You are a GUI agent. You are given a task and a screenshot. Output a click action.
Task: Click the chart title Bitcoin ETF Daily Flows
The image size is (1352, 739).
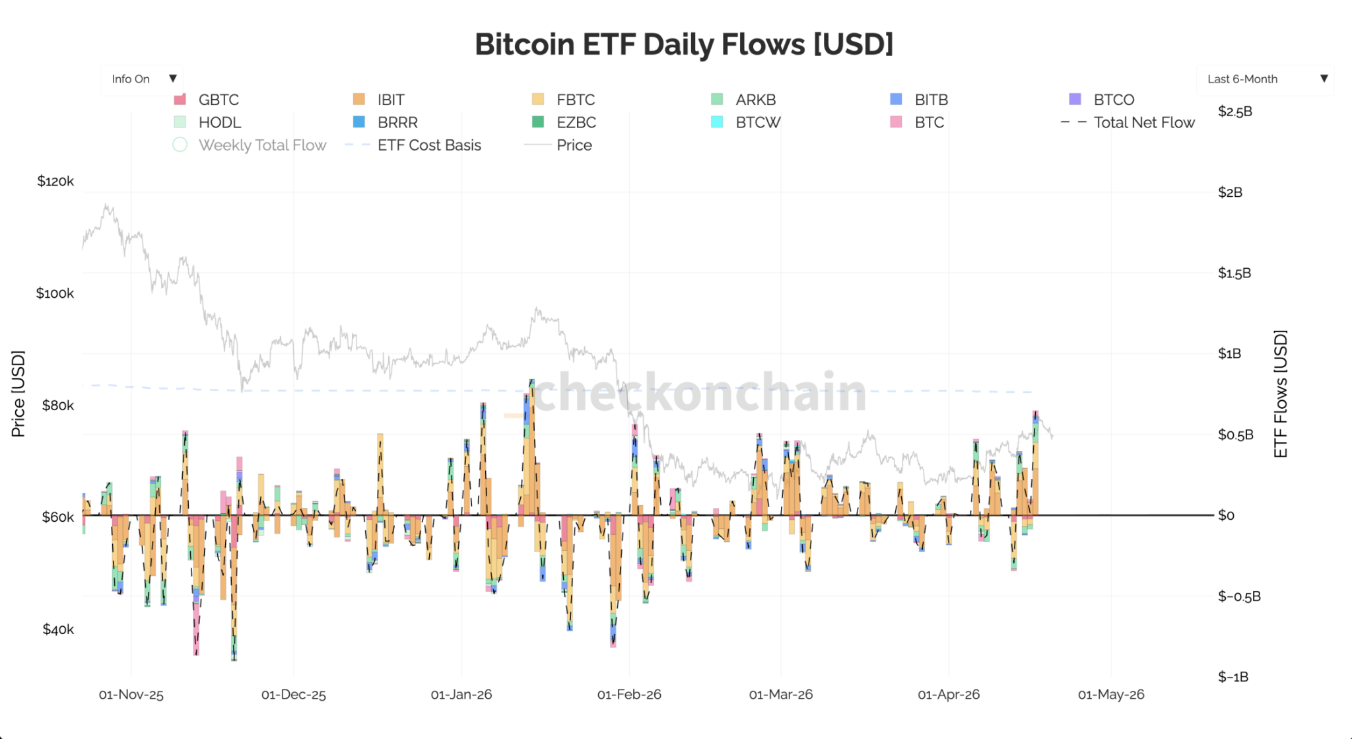point(683,44)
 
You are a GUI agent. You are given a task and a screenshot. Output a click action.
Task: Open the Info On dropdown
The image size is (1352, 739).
point(142,79)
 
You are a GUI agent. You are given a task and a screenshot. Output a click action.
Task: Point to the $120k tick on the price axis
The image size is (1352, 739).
point(55,181)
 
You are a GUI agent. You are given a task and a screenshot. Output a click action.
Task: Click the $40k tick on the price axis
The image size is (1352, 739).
point(58,629)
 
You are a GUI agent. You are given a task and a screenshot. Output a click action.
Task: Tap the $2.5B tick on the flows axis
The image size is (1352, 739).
point(1234,111)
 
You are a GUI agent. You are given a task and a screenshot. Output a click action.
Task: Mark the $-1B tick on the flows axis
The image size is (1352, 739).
point(1233,677)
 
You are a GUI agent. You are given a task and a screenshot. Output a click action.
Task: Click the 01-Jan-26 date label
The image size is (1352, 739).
point(461,695)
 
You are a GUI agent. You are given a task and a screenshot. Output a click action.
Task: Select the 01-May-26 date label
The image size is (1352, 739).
point(1110,695)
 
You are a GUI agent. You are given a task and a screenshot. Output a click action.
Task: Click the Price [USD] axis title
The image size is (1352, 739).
point(18,394)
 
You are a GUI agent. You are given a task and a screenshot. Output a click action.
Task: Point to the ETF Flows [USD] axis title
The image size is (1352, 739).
point(1281,394)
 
